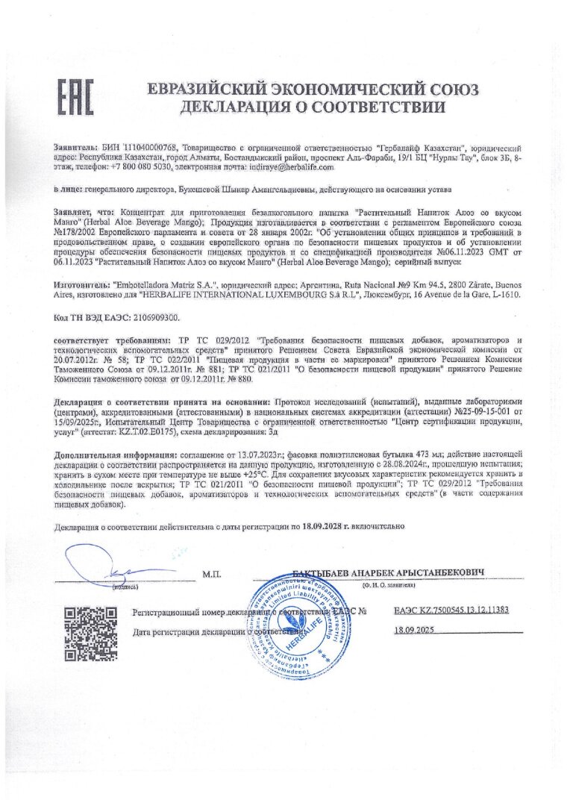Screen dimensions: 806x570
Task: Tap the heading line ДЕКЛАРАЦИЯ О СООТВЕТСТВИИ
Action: click(x=313, y=106)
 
